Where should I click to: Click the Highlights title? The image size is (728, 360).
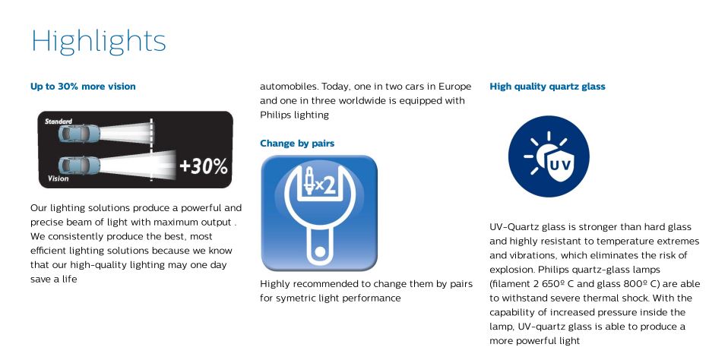tap(99, 42)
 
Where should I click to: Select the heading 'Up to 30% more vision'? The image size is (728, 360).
tap(83, 87)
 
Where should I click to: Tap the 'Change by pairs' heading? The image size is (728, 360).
tap(297, 144)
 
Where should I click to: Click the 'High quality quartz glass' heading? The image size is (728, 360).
tap(547, 87)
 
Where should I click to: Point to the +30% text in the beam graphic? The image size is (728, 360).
tap(204, 166)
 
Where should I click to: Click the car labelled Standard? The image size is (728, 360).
tap(79, 134)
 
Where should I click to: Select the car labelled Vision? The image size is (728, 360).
tap(79, 165)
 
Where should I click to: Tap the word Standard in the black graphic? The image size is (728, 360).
tap(59, 122)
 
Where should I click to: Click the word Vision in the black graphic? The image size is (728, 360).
tap(58, 178)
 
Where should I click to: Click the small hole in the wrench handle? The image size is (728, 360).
tap(319, 251)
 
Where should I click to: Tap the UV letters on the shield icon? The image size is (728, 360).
tap(560, 164)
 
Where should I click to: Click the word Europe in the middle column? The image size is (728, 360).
tap(454, 87)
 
